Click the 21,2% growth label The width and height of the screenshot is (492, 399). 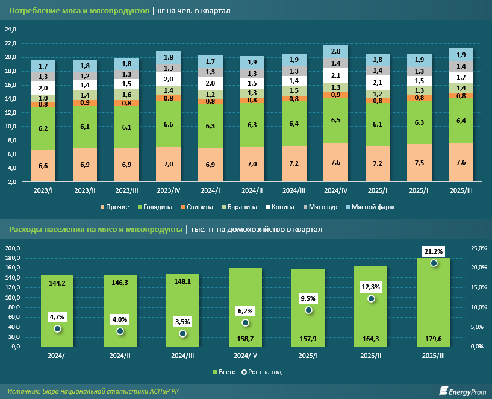(434, 251)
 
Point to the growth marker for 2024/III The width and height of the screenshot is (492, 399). (183, 334)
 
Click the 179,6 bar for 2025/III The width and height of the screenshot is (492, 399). (434, 302)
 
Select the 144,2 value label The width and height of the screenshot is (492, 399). (58, 282)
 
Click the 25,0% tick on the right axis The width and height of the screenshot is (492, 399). (477, 248)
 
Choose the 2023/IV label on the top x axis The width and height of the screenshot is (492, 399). (168, 190)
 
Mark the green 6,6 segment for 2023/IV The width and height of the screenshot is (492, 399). (168, 124)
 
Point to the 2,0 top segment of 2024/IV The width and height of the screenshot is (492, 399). (340, 52)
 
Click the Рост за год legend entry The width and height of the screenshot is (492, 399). (260, 372)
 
